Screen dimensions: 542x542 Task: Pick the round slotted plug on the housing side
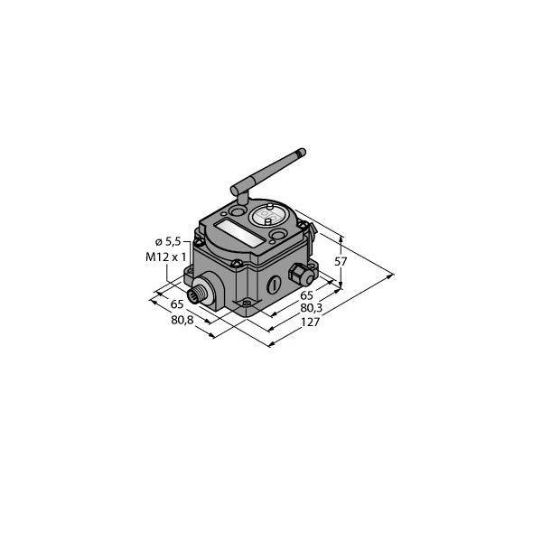tap(268, 287)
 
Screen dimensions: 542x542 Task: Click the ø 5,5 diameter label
tap(171, 242)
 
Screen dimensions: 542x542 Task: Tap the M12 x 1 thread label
tap(168, 257)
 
